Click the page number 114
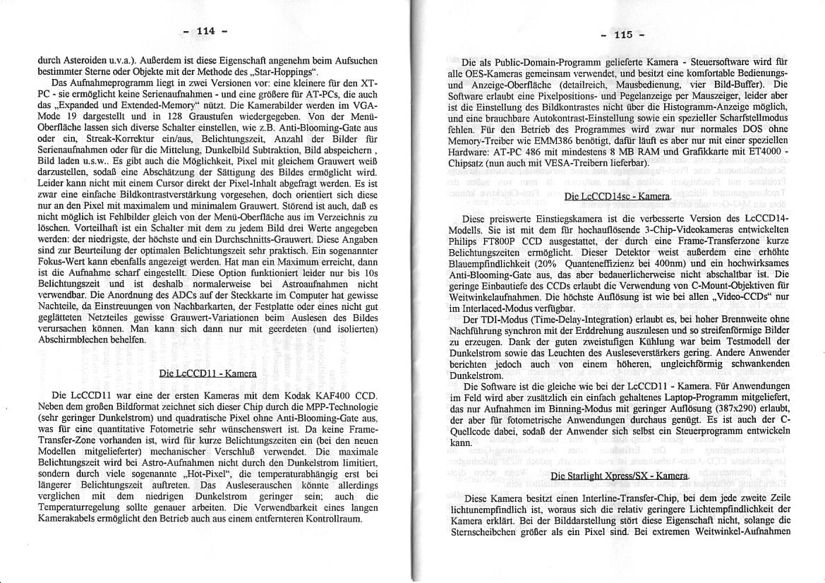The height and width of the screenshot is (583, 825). pos(204,31)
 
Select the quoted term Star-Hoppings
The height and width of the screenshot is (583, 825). pos(287,71)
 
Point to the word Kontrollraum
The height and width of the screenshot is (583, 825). pos(333,518)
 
